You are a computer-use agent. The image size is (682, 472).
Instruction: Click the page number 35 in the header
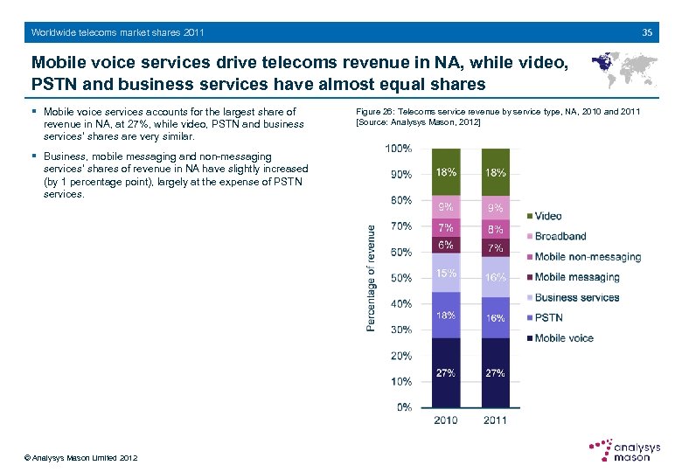(647, 32)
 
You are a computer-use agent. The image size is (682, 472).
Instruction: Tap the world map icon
(624, 69)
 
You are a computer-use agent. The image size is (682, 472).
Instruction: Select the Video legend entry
(547, 216)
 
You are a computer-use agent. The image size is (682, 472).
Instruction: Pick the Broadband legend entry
(560, 236)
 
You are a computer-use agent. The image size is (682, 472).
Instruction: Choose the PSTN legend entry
(548, 317)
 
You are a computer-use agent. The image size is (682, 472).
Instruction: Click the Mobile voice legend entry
(563, 338)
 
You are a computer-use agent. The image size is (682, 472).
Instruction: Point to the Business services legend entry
(576, 297)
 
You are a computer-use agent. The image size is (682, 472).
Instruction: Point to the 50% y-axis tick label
(401, 278)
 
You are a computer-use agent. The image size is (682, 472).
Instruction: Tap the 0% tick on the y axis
(404, 407)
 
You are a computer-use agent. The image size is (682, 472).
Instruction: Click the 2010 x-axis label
(446, 421)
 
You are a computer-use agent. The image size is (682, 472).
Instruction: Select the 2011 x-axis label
(495, 421)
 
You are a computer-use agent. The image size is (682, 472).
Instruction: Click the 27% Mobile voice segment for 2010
(446, 373)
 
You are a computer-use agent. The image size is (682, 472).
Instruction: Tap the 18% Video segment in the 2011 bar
(495, 173)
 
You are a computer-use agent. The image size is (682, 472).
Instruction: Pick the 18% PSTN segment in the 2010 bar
(446, 316)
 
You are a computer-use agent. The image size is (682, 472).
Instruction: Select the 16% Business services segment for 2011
(495, 277)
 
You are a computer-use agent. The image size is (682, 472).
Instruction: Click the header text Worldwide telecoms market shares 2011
(117, 32)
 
